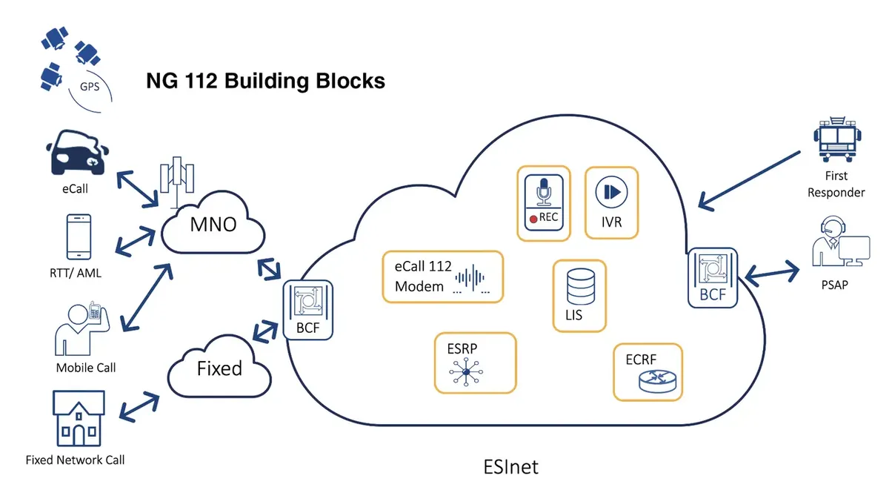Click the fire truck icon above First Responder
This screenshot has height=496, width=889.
(837, 139)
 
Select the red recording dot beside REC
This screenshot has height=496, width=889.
(533, 219)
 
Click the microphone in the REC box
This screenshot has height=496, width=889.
(544, 192)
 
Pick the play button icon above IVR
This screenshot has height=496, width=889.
(612, 192)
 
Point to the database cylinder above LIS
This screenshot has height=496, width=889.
(581, 286)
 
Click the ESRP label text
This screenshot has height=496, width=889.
(462, 348)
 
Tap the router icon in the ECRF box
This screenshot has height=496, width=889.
(658, 381)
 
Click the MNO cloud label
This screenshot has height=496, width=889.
(213, 225)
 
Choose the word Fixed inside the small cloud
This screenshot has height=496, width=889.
(219, 368)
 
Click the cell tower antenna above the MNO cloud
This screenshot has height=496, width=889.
(177, 182)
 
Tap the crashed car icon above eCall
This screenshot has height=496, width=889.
(77, 153)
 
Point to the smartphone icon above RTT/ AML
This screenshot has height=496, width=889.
(79, 237)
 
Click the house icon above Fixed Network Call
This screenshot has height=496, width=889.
(79, 419)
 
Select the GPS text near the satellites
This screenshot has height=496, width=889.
(90, 87)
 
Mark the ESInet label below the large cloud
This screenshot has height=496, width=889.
(510, 467)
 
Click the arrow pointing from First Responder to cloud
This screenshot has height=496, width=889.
(749, 180)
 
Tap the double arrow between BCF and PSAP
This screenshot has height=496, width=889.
(772, 274)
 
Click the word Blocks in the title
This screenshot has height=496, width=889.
(350, 81)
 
